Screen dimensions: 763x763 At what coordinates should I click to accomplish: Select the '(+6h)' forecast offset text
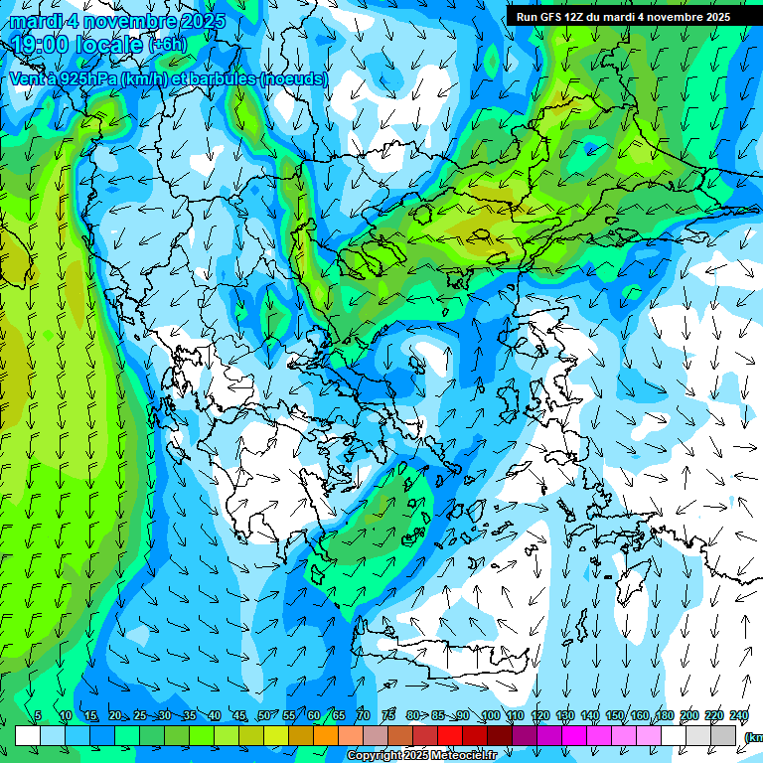tap(167, 45)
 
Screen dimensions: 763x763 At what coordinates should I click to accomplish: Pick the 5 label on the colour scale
tap(38, 716)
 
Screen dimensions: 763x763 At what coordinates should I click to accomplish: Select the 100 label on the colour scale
tap(490, 716)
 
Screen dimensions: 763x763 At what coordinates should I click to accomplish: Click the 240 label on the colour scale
tap(738, 716)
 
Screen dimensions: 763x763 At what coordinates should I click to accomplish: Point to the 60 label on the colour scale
tap(314, 716)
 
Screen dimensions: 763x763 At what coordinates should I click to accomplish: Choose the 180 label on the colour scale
tap(664, 716)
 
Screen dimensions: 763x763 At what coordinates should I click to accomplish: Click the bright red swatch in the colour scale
tap(450, 736)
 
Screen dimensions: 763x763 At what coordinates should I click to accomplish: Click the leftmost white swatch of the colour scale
tap(28, 736)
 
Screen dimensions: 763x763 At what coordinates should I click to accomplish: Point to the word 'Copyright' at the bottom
tap(377, 756)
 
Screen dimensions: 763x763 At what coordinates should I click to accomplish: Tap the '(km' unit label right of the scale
tap(753, 737)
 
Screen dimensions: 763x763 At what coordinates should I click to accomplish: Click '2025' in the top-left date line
tap(197, 21)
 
